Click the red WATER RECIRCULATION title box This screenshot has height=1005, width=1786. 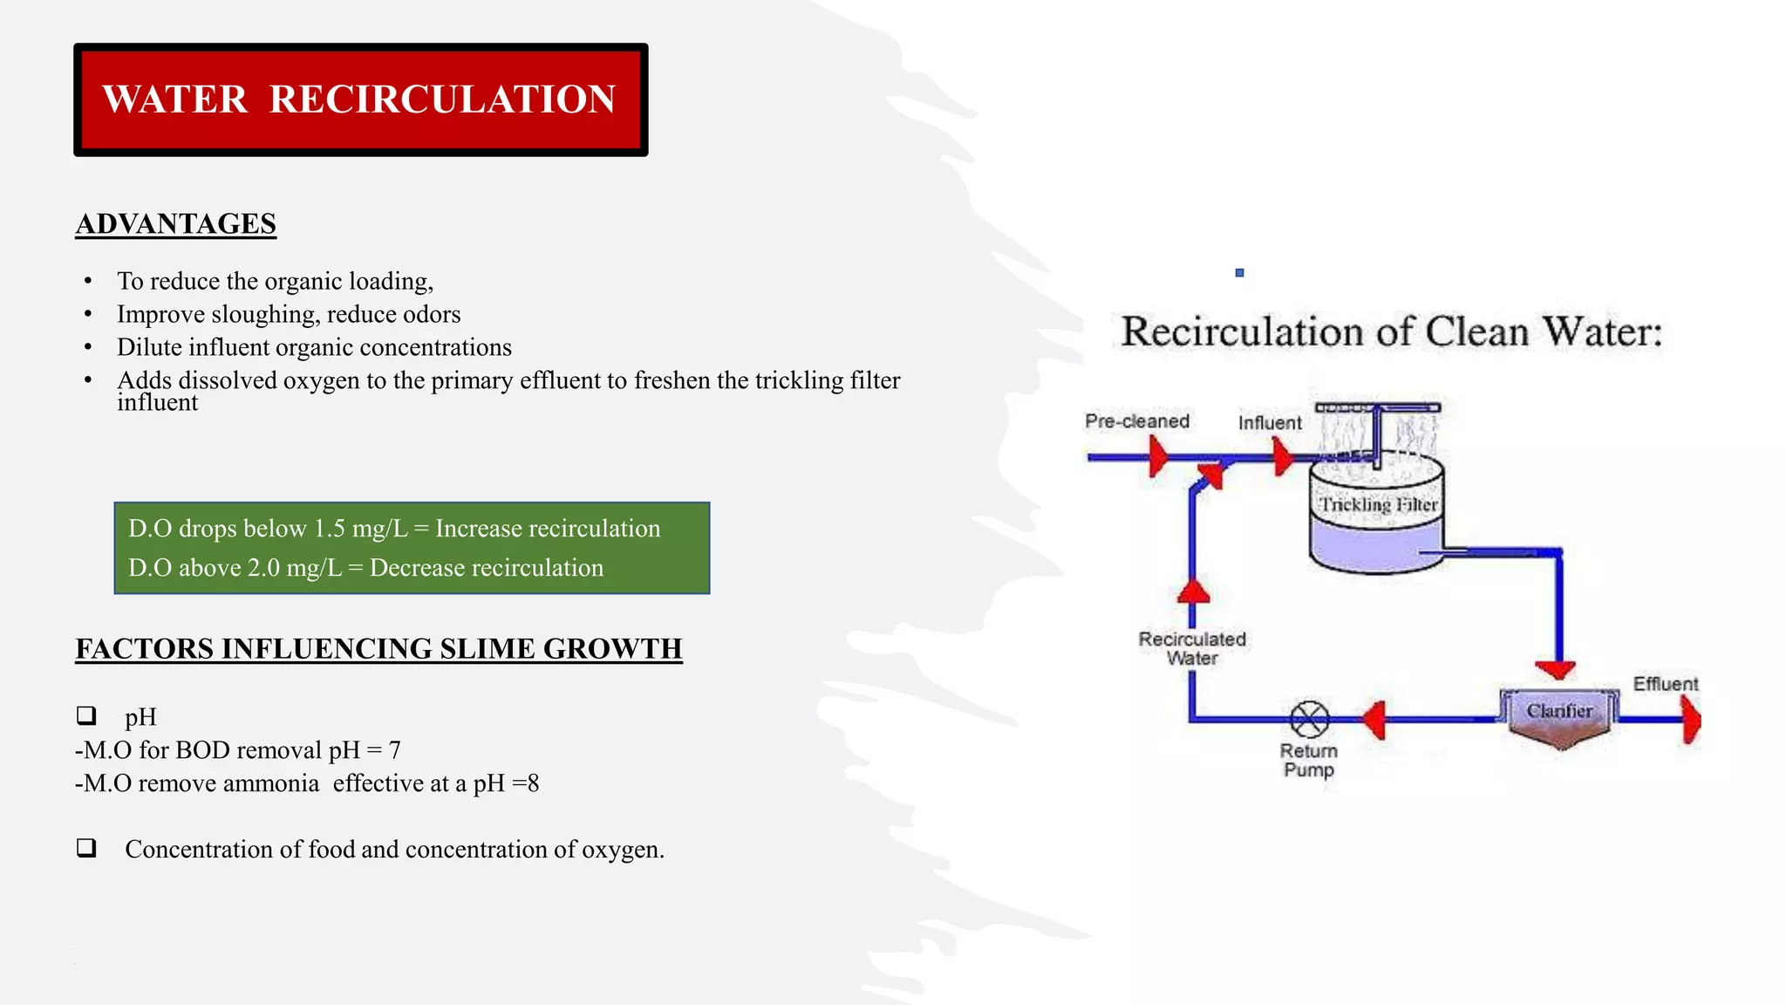[360, 99]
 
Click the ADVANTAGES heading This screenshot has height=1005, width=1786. [175, 224]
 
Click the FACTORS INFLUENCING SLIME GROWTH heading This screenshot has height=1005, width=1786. [378, 649]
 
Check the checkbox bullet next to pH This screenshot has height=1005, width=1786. [86, 716]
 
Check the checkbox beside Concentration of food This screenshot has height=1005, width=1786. [86, 848]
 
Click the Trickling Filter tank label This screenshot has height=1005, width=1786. [1377, 505]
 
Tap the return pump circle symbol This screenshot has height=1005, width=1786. [1309, 720]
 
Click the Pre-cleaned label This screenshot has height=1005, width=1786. [1136, 421]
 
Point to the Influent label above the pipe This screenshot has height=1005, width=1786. [1269, 423]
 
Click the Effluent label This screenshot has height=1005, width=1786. [1665, 684]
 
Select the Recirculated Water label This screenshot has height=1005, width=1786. [1192, 648]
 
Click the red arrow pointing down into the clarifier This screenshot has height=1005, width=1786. [1555, 670]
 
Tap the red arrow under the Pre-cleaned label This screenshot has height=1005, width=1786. [1158, 456]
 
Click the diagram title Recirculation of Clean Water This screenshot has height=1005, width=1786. [1391, 332]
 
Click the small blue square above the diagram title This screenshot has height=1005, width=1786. [1239, 273]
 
